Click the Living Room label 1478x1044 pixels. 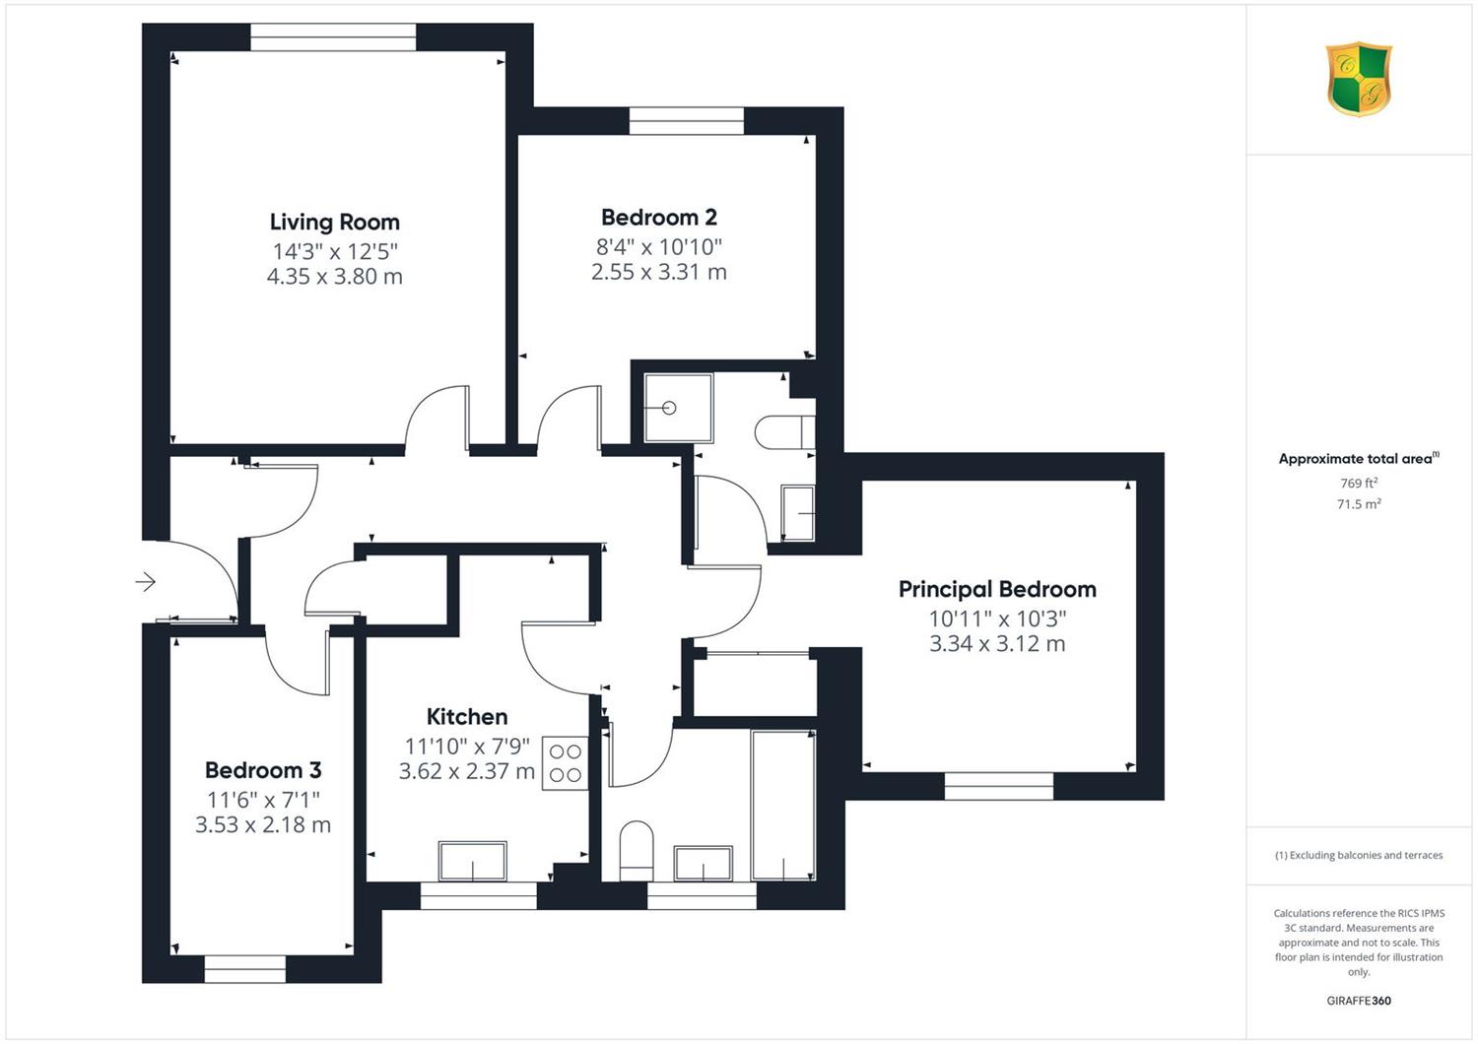coord(335,223)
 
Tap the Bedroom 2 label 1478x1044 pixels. coord(658,217)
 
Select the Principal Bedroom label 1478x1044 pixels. coord(997,589)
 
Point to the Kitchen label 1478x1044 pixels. coord(466,716)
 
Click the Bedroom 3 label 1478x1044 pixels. coord(263,769)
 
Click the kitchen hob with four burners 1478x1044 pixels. coord(565,762)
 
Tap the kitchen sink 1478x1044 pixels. coord(472,861)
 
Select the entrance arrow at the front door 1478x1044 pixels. coord(145,582)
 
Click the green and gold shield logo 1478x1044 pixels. coord(1359,79)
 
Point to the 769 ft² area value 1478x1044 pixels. coord(1359,483)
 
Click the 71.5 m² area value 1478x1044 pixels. coord(1359,504)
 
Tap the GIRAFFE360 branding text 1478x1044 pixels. coord(1359,1001)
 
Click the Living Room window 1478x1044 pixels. coord(333,36)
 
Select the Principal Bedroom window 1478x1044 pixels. coord(999,787)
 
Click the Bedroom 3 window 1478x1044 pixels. coord(244,969)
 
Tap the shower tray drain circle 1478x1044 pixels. coord(669,408)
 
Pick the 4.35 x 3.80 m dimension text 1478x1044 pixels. coord(335,277)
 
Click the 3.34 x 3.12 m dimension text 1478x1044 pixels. coord(997,644)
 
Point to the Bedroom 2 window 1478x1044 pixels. coord(686,121)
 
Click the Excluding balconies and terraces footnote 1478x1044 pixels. coord(1359,855)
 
